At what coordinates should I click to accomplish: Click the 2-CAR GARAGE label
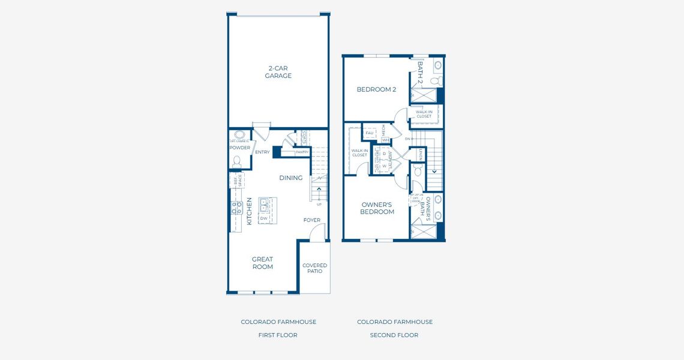tap(278, 72)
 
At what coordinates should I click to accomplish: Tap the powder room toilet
tap(237, 161)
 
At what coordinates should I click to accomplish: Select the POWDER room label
tap(240, 148)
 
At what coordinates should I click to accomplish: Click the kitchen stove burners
tap(236, 208)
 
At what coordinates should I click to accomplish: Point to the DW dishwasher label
tap(263, 218)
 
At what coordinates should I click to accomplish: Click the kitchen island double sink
tap(264, 205)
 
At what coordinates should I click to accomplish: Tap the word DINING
tap(290, 178)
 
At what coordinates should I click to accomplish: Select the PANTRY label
tap(302, 152)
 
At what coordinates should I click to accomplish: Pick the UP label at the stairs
tap(319, 205)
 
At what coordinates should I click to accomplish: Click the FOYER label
tap(311, 220)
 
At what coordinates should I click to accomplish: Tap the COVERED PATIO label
tap(314, 268)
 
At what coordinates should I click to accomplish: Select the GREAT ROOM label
tap(262, 263)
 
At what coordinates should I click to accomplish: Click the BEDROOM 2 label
tap(376, 89)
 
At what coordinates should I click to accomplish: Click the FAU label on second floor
tap(369, 133)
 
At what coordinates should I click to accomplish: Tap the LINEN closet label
tap(421, 155)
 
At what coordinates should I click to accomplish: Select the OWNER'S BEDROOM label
tap(377, 208)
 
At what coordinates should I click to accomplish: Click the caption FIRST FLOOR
tap(278, 335)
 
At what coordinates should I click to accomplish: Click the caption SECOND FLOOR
tap(394, 335)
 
